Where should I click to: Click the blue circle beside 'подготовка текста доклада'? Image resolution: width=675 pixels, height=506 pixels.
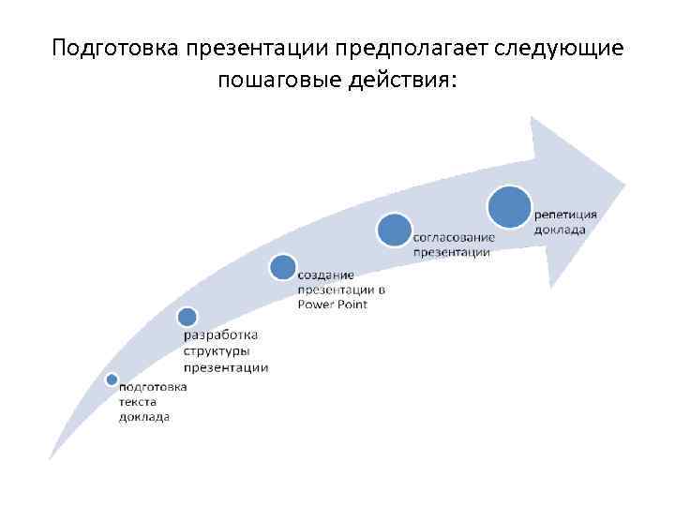112,379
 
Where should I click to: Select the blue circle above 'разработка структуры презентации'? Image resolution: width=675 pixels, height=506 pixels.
187,317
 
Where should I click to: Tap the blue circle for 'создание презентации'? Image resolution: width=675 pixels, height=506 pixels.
283,267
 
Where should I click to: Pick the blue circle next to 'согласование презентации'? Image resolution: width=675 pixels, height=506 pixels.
395,230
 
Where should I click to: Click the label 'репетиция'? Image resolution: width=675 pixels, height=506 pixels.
565,215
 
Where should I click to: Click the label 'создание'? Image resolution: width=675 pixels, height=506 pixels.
325,275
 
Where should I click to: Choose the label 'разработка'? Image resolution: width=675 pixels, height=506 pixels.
221,335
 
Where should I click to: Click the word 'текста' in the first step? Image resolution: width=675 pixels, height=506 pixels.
137,401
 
